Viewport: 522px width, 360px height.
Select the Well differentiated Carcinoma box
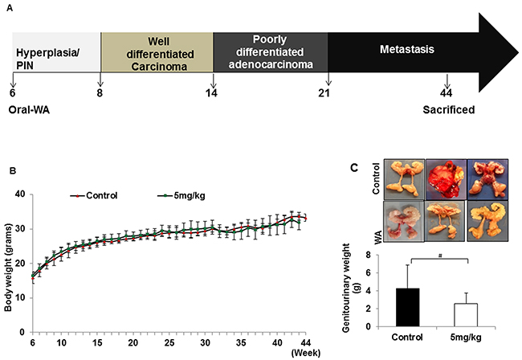(x=157, y=51)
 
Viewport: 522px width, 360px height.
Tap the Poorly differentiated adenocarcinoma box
(x=271, y=51)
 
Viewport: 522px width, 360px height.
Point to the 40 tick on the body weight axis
(x=21, y=194)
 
